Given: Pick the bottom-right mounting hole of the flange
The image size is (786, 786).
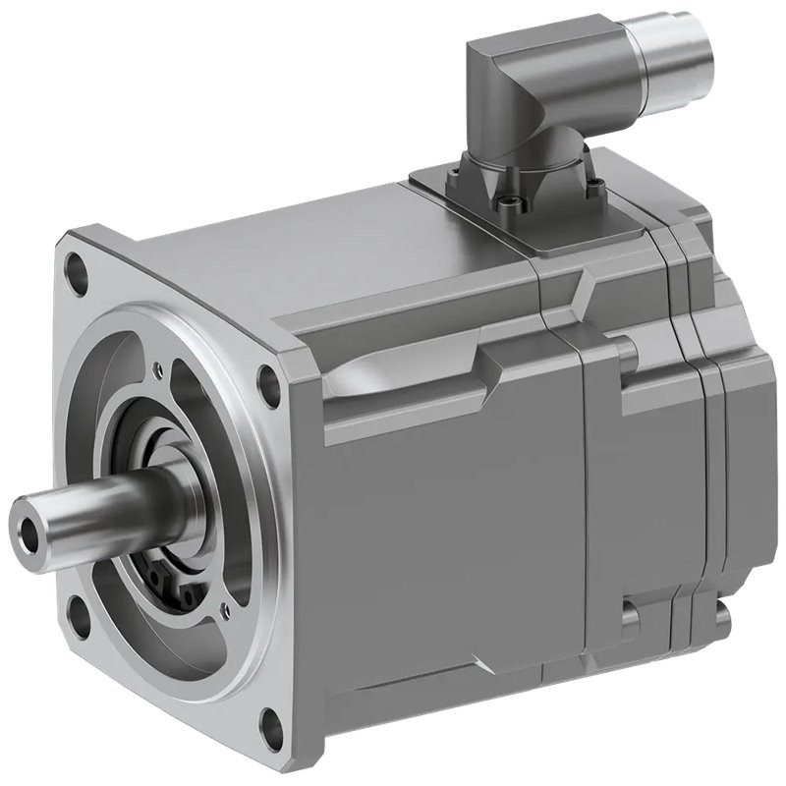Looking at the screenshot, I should (265, 729).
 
